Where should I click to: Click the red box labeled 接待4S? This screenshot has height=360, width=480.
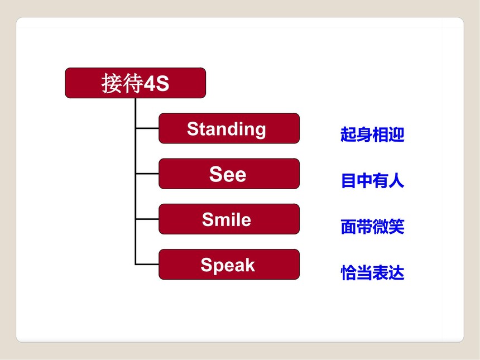pyautogui.click(x=135, y=83)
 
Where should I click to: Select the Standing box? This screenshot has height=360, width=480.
pyautogui.click(x=229, y=128)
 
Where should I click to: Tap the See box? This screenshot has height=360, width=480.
pyautogui.click(x=229, y=174)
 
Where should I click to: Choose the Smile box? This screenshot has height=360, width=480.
pyautogui.click(x=229, y=219)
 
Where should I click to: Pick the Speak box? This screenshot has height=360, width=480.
pyautogui.click(x=229, y=264)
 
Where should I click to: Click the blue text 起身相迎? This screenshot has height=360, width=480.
pyautogui.click(x=372, y=135)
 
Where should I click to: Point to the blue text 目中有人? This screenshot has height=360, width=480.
pyautogui.click(x=372, y=180)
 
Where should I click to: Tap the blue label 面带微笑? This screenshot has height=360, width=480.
pyautogui.click(x=372, y=227)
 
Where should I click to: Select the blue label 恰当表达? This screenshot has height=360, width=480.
pyautogui.click(x=372, y=272)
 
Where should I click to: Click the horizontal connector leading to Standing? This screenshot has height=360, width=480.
pyautogui.click(x=147, y=128)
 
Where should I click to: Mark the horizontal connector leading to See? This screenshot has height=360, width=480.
pyautogui.click(x=147, y=174)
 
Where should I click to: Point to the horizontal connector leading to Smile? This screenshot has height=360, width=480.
pyautogui.click(x=147, y=219)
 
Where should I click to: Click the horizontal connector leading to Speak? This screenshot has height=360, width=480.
pyautogui.click(x=147, y=264)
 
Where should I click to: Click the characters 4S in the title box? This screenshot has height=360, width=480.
pyautogui.click(x=156, y=83)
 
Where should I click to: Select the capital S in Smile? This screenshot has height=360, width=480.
pyautogui.click(x=208, y=219)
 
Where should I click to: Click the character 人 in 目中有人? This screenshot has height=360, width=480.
pyautogui.click(x=396, y=180)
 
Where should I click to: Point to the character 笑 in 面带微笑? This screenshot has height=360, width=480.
pyautogui.click(x=396, y=227)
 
